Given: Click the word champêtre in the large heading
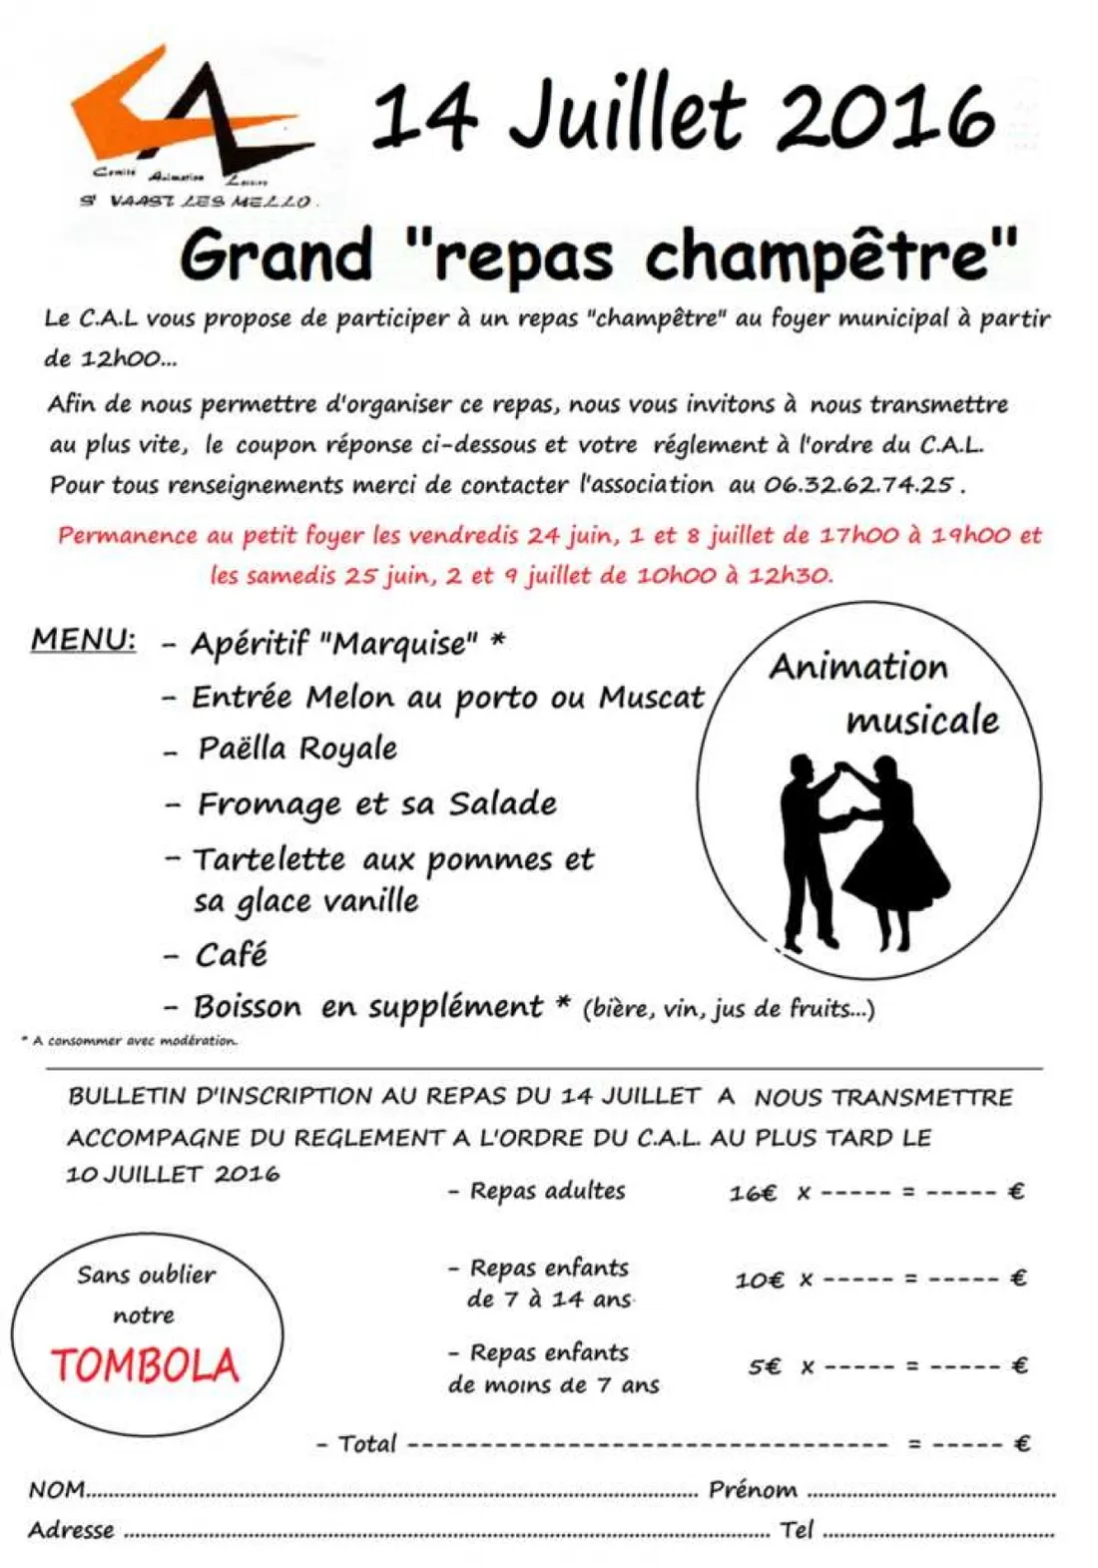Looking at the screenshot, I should (830, 256).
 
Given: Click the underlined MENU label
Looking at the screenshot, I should (84, 639).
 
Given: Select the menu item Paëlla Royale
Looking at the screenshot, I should (297, 749).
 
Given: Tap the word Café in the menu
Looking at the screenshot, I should (232, 955).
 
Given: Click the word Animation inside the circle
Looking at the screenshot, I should (858, 667).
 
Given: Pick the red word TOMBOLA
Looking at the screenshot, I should (146, 1365).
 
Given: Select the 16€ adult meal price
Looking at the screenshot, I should (753, 1193).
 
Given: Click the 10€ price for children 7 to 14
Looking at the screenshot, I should (759, 1280).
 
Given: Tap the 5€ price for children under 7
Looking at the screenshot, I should (766, 1366).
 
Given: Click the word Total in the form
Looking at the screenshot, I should (367, 1444).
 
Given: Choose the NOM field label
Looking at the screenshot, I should (57, 1490).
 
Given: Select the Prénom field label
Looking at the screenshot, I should (753, 1490).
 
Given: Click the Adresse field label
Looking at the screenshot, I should (71, 1530).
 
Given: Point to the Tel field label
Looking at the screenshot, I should (798, 1529).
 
